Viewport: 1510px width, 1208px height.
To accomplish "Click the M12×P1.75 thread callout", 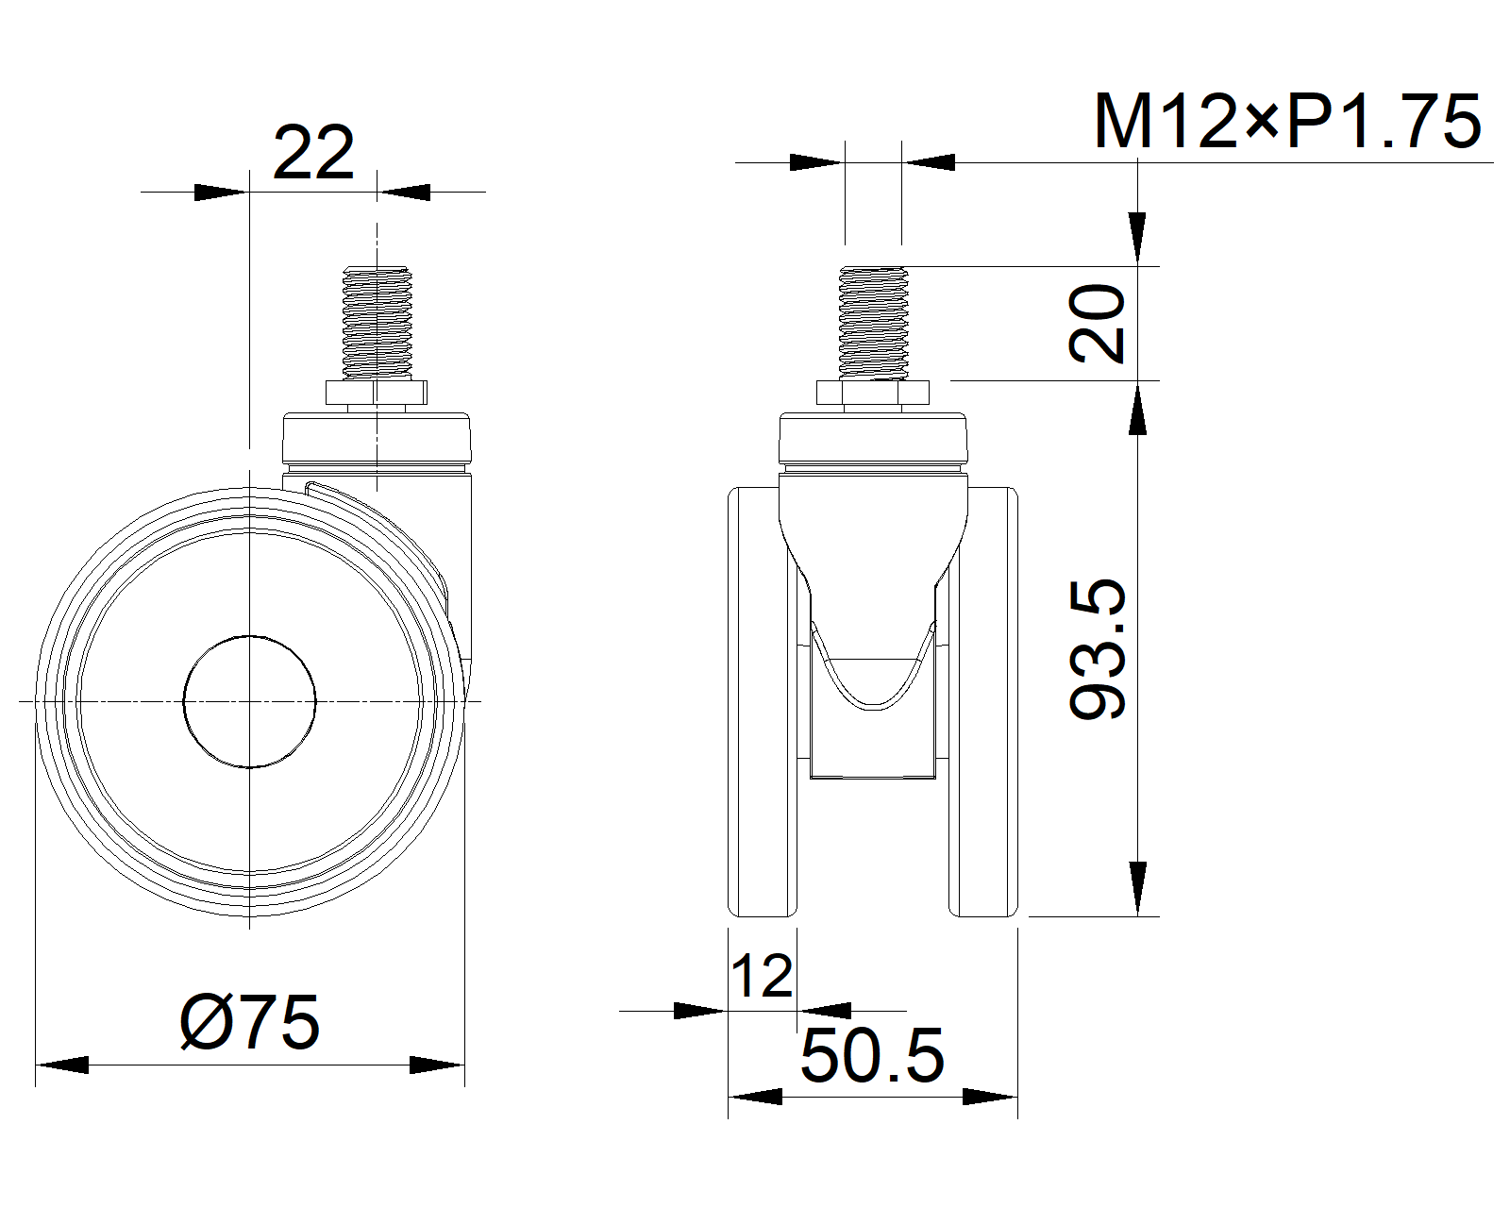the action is pyautogui.click(x=1287, y=123).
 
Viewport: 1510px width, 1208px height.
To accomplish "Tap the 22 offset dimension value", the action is pyautogui.click(x=313, y=153).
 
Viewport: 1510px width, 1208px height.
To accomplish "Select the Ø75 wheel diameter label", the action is pyautogui.click(x=250, y=1023).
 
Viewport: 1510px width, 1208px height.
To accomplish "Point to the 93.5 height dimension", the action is pyautogui.click(x=1098, y=649).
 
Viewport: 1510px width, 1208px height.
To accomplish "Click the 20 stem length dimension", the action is pyautogui.click(x=1097, y=323).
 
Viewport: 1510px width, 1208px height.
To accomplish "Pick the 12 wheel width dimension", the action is pyautogui.click(x=762, y=976).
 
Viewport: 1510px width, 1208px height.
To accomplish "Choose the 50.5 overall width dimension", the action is pyautogui.click(x=872, y=1056).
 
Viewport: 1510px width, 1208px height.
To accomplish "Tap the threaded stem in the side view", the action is pyautogui.click(x=377, y=323).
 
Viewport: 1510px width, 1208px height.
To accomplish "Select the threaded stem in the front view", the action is pyautogui.click(x=874, y=323).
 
